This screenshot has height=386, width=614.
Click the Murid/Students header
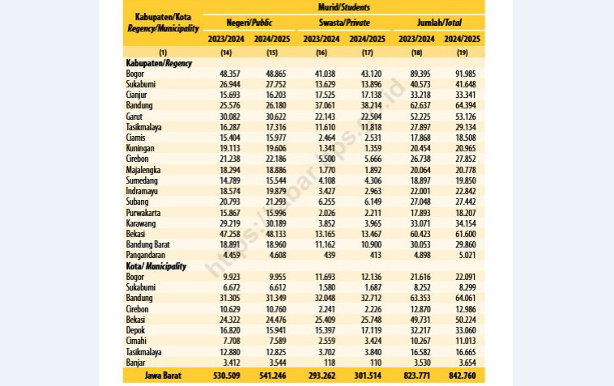(343, 7)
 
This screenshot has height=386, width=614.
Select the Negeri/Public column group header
(249, 23)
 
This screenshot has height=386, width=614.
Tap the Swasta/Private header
(344, 23)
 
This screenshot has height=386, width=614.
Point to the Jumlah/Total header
(439, 23)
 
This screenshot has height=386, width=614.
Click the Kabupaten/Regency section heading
(159, 63)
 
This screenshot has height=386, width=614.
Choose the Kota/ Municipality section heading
(156, 266)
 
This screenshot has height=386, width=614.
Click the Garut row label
(134, 117)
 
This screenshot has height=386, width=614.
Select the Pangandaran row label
(146, 255)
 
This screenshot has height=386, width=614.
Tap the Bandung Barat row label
(148, 244)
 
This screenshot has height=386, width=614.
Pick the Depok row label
(135, 330)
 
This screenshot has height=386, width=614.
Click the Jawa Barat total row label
(163, 375)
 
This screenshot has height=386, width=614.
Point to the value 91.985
(466, 74)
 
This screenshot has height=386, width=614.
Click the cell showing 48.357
(230, 74)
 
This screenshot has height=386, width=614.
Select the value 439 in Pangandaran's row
(330, 255)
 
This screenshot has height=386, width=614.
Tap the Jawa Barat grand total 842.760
(463, 375)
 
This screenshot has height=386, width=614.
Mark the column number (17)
(367, 53)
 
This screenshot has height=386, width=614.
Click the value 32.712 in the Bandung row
(371, 298)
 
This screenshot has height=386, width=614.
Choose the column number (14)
(226, 53)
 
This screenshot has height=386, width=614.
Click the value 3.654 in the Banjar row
(467, 363)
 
